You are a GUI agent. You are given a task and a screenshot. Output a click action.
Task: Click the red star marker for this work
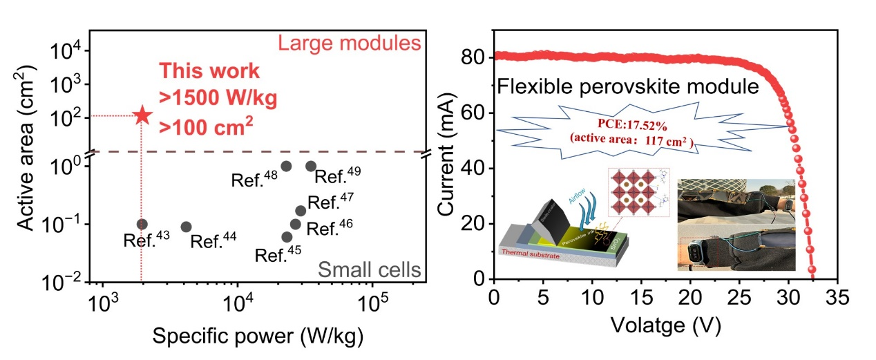[142, 115]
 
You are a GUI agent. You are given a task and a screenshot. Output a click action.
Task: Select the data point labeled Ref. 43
[142, 224]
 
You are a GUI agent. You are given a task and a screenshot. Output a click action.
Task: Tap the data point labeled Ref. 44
[186, 227]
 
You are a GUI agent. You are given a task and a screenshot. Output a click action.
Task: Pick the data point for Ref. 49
[311, 166]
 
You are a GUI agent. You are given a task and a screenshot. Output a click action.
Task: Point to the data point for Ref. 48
[286, 166]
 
